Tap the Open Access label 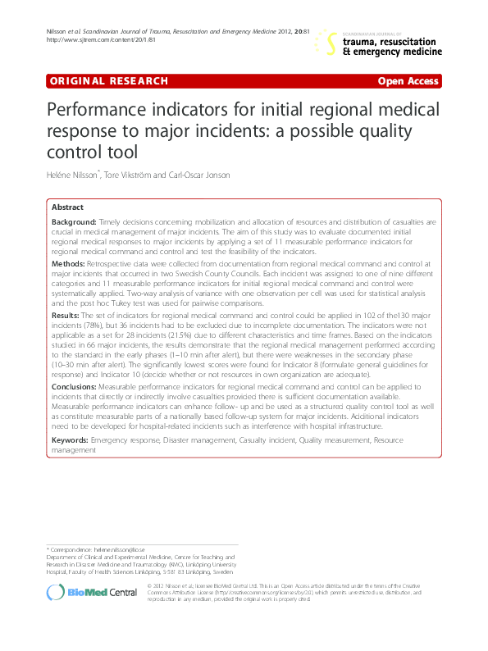408,81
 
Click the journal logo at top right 381,42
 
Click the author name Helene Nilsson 72,175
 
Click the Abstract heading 67,207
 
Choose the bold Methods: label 68,265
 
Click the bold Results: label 66,314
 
